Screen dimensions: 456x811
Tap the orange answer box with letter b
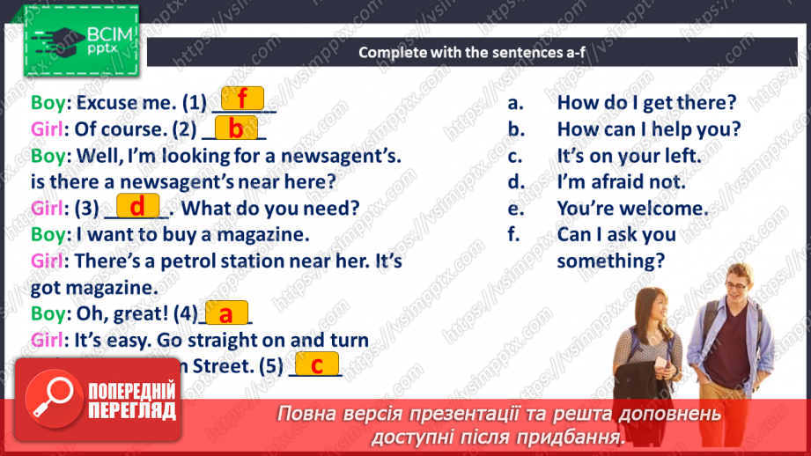[x=235, y=129]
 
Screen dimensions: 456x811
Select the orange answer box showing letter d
[x=136, y=207]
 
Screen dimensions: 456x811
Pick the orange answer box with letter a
[x=226, y=313]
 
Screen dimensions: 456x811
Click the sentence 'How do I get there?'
[x=646, y=102]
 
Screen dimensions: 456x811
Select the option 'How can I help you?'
[x=649, y=129]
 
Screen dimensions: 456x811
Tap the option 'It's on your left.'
[x=629, y=156]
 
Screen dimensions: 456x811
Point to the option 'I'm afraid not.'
[x=621, y=182]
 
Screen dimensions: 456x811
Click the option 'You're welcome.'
[x=632, y=209]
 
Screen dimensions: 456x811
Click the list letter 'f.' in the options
[x=514, y=235]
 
